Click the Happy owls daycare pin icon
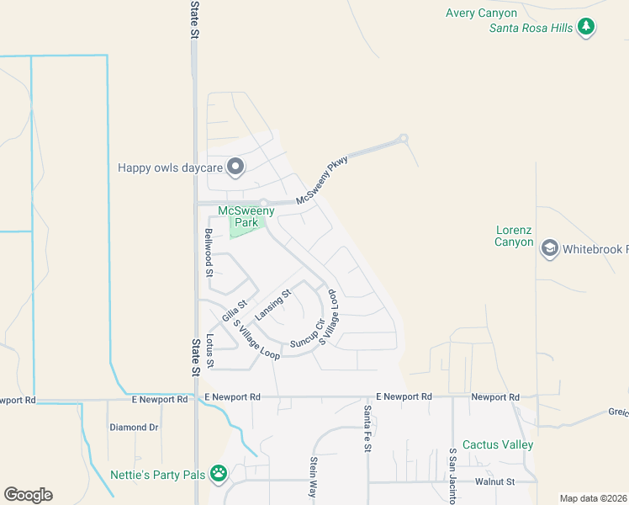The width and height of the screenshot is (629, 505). pyautogui.click(x=235, y=167)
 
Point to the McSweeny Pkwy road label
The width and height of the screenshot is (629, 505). pyautogui.click(x=322, y=181)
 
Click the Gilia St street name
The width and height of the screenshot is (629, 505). pyautogui.click(x=235, y=311)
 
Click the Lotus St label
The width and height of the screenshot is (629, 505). pyautogui.click(x=209, y=352)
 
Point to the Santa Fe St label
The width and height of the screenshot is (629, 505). pyautogui.click(x=367, y=428)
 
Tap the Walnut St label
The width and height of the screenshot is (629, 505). pyautogui.click(x=494, y=482)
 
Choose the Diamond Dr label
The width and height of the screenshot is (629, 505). pyautogui.click(x=134, y=428)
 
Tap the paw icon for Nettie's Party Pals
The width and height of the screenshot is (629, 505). pyautogui.click(x=219, y=474)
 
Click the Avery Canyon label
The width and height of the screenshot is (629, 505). pyautogui.click(x=480, y=13)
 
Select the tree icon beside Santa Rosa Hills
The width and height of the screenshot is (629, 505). pyautogui.click(x=587, y=28)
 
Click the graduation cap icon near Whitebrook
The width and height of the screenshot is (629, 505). pyautogui.click(x=549, y=248)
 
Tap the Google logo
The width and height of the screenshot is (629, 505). pyautogui.click(x=28, y=495)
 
